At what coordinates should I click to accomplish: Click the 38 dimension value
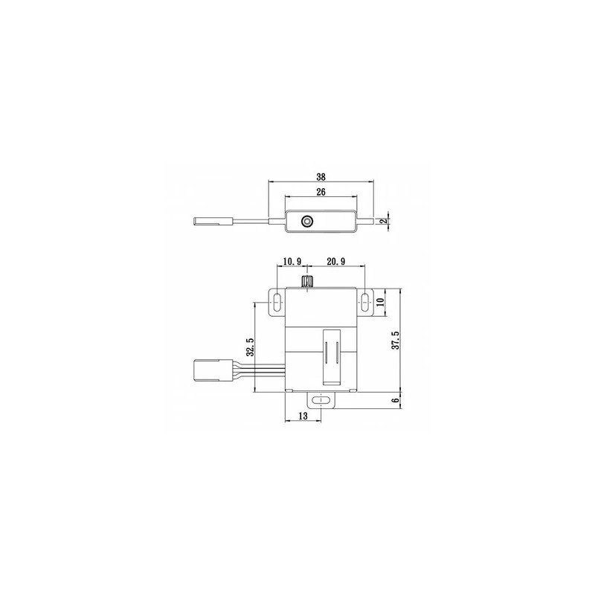321,177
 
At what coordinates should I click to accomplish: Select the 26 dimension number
321,192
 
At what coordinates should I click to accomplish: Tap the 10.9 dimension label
292,262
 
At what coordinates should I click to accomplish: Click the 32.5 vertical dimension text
250,347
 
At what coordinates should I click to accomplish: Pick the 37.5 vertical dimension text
396,341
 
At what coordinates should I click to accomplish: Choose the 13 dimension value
303,416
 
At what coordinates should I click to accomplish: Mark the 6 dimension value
396,401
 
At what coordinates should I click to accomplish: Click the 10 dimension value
381,302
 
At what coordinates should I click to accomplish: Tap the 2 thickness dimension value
384,221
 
